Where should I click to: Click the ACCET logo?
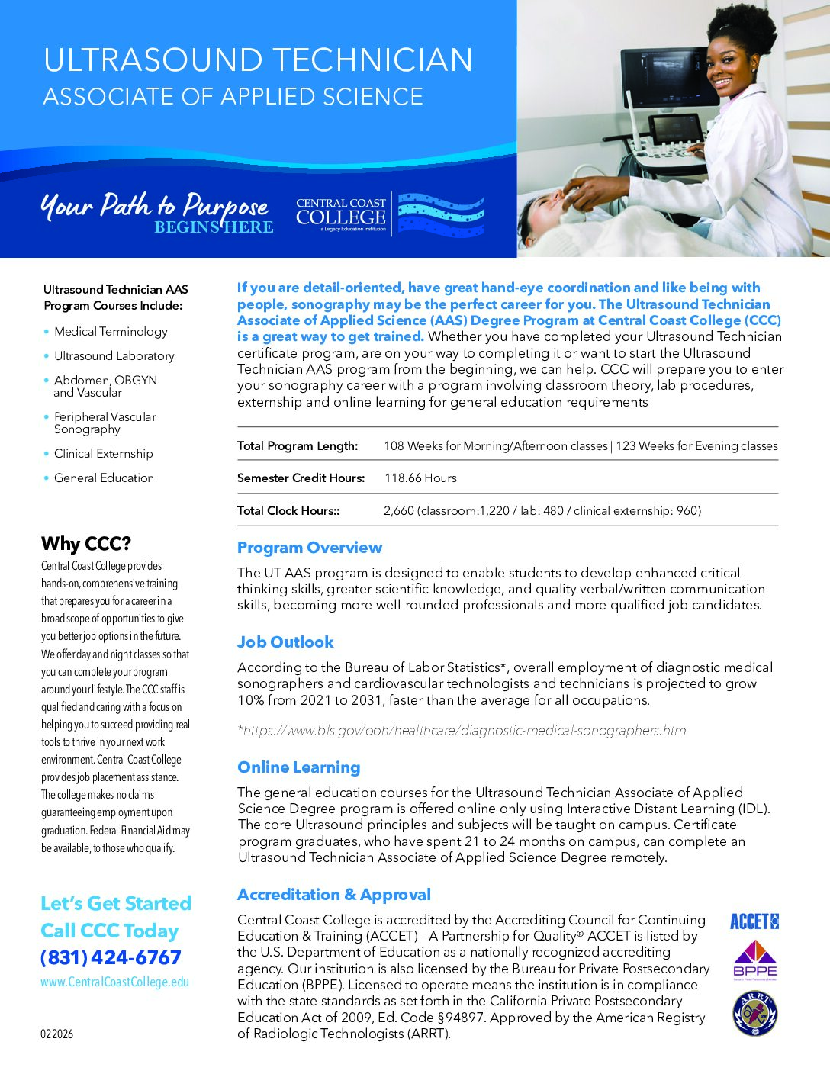754,921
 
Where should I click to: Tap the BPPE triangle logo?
754,960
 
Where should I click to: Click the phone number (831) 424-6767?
111,957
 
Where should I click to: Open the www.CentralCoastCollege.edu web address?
114,982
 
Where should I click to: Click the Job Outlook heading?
285,642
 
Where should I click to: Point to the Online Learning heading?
298,767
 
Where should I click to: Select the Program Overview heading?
309,548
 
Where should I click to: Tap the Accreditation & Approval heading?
333,895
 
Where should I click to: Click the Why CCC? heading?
86,544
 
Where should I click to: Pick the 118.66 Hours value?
420,478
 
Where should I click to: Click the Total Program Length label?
297,446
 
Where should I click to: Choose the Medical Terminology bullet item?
111,332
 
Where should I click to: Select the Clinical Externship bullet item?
103,454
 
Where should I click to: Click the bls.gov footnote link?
462,731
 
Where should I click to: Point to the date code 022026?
57,1034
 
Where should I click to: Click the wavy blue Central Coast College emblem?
441,214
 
